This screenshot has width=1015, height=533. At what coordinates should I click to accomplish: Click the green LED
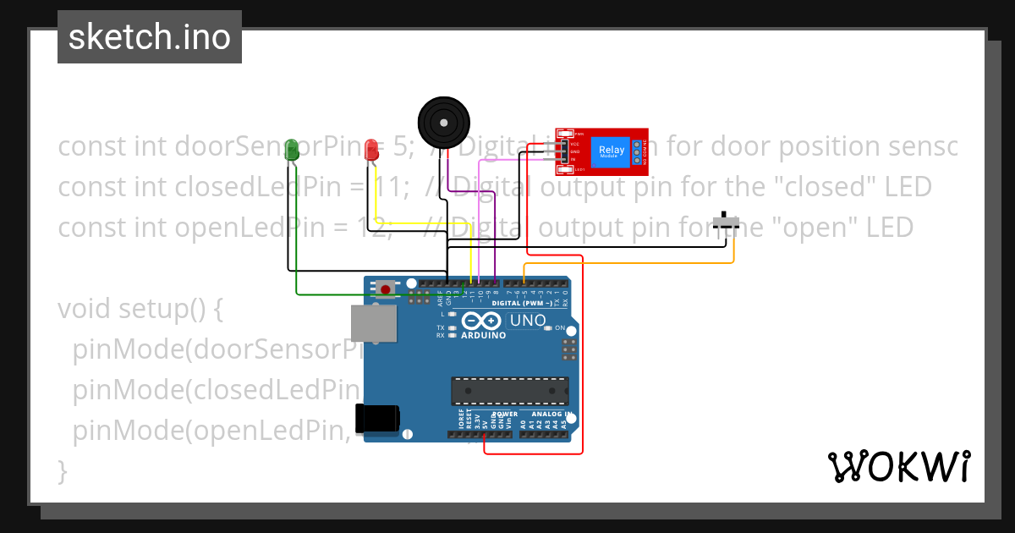pos(293,151)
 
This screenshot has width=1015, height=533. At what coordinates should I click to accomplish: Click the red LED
pos(370,151)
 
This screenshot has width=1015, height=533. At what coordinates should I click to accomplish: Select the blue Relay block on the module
pos(612,152)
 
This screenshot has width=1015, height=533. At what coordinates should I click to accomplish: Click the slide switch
pos(726,222)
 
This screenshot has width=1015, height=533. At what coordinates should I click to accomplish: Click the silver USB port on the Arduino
pos(374,324)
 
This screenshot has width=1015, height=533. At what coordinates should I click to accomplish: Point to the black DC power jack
pos(376,419)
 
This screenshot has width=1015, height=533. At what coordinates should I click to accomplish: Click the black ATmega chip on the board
pos(509,391)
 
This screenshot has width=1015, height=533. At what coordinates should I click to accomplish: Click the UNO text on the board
pos(527,321)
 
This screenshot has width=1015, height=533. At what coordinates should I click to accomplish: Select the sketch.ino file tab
pos(150,37)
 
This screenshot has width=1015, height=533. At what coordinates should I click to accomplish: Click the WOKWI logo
pos(898,466)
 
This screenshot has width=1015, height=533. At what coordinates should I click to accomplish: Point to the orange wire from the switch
pos(643,264)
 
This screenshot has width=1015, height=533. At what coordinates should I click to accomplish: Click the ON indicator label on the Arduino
pos(560,327)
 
